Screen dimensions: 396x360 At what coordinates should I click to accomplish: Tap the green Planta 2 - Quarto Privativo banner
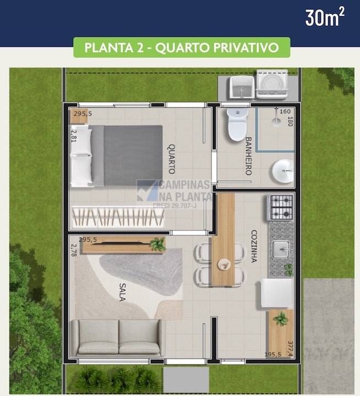[182, 48]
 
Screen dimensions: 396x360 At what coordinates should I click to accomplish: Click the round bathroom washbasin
[283, 171]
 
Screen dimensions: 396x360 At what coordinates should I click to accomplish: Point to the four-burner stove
[281, 207]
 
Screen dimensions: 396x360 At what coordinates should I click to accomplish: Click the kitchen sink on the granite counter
[281, 249]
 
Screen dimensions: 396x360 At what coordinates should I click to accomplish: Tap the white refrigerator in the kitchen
[277, 293]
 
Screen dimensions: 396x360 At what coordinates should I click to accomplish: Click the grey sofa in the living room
[118, 337]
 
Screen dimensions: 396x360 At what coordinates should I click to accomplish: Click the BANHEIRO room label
[248, 156]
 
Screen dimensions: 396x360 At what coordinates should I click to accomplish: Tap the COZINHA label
[254, 246]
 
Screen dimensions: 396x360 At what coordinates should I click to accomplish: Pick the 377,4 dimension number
[290, 348]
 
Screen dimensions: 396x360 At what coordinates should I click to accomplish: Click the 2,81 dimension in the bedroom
[73, 135]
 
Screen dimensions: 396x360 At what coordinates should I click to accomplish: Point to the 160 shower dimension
[285, 112]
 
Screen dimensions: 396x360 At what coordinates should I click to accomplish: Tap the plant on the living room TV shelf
[157, 244]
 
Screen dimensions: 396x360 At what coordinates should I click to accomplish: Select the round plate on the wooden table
[224, 265]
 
